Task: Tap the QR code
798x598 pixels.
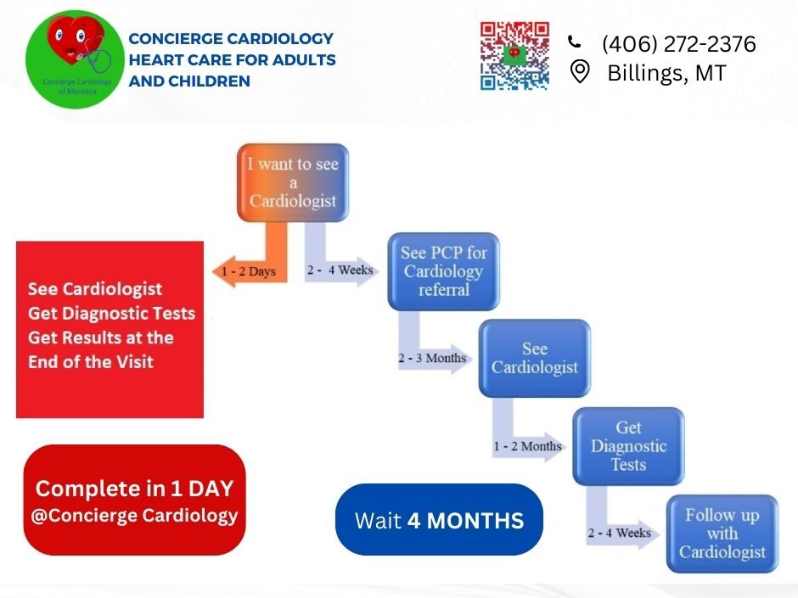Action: tap(514, 56)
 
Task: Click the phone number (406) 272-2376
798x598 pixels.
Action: tap(678, 44)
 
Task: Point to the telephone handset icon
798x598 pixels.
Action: tap(575, 42)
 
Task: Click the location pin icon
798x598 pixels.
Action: tap(580, 72)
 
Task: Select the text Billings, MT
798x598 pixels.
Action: tap(666, 73)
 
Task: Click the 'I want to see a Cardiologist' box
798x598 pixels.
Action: tap(292, 182)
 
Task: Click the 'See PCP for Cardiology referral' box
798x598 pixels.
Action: tap(443, 271)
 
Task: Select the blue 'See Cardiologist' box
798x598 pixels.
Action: tap(534, 359)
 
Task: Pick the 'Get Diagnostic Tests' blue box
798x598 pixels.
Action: tap(628, 446)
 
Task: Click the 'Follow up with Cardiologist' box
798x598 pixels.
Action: tap(722, 534)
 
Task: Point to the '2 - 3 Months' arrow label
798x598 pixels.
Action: tap(432, 358)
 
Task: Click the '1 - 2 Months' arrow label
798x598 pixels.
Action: tap(527, 446)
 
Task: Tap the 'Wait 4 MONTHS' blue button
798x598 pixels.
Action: tap(439, 520)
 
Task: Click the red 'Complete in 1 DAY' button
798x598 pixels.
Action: tap(134, 500)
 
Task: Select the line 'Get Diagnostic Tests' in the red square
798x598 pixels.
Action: tap(111, 313)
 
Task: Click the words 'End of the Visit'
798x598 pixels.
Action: tap(91, 361)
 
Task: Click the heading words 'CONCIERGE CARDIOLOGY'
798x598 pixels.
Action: tap(231, 39)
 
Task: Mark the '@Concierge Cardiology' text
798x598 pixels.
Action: tap(134, 515)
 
